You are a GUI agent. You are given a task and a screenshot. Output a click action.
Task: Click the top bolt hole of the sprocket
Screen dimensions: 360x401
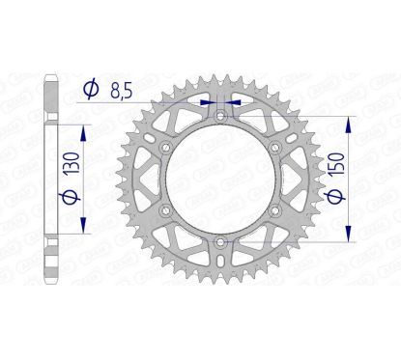pyautogui.click(x=219, y=117)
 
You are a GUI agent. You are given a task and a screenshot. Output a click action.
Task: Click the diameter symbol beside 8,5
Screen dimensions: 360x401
pyautogui.click(x=91, y=89)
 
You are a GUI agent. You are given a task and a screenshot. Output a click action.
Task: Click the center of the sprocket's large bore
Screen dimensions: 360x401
pyautogui.click(x=219, y=179)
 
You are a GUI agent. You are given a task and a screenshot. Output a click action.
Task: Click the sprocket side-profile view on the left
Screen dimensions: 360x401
pyautogui.click(x=50, y=179)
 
